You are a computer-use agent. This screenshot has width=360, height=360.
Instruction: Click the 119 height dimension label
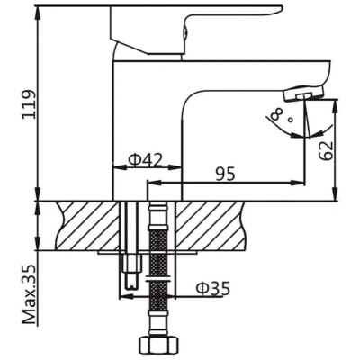29,104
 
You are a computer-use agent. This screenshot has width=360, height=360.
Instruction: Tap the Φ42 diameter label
145,160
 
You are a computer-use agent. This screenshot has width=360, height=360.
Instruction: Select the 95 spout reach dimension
225,174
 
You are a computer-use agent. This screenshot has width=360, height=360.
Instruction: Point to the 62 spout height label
326,150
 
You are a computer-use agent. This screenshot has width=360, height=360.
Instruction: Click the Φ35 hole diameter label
213,289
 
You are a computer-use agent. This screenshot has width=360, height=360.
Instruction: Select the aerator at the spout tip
303,94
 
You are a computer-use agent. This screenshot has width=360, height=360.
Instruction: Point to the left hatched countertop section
87,226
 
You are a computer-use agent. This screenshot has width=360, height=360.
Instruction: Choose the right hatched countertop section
211,226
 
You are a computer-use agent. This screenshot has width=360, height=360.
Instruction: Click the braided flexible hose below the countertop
158,264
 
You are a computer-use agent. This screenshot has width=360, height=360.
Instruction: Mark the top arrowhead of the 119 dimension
39,12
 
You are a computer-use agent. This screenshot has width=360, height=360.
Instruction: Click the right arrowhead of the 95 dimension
299,182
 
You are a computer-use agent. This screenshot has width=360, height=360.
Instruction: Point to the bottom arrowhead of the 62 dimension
337,194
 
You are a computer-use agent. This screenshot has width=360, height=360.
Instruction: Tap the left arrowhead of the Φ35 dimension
126,297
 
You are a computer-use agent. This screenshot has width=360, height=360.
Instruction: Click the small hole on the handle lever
185,31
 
